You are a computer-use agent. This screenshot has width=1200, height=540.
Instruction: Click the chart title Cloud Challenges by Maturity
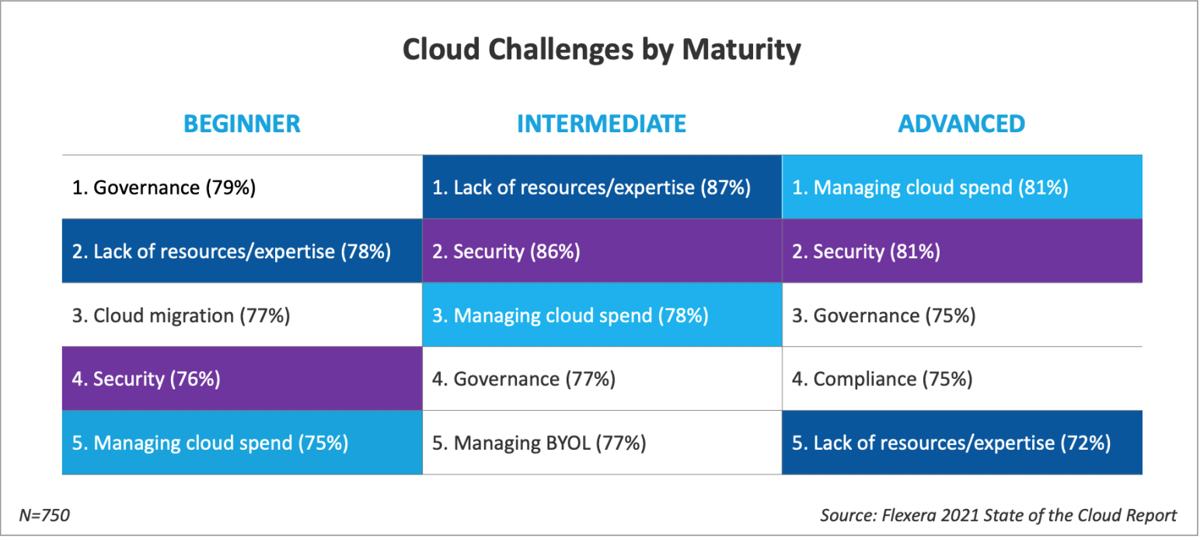tap(601, 51)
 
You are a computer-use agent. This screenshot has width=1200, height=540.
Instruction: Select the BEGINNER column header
tap(242, 124)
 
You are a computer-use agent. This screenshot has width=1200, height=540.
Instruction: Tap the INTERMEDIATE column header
tap(601, 124)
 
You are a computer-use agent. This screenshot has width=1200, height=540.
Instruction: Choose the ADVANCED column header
tap(961, 124)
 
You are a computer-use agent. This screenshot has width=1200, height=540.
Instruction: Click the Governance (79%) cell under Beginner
tap(242, 188)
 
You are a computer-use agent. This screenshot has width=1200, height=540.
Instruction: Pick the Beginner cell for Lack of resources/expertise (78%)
tap(242, 251)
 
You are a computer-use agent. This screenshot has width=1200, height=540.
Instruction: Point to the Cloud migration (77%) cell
tap(242, 315)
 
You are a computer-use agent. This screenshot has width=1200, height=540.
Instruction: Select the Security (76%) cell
tap(242, 379)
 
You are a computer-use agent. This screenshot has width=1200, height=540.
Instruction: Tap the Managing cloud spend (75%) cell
tap(242, 443)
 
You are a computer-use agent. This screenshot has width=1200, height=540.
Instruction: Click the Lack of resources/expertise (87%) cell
tap(602, 188)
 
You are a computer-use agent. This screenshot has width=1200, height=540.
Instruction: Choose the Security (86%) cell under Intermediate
tap(602, 251)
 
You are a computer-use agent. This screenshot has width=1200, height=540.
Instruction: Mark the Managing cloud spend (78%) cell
tap(602, 315)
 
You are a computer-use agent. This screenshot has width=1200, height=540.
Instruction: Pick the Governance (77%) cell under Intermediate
tap(602, 379)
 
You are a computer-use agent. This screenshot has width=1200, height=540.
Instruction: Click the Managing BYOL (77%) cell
tap(602, 443)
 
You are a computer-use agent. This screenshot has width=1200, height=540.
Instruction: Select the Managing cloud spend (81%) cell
tap(962, 188)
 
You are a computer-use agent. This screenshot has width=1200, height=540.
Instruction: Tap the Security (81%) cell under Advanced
tap(962, 251)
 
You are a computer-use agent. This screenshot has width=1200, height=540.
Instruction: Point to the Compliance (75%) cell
tap(962, 379)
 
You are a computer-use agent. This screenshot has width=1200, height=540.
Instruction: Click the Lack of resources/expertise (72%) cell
tap(962, 443)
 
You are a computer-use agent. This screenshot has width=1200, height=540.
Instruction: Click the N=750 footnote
tap(44, 515)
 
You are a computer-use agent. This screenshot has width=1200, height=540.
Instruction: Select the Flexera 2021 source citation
tap(999, 515)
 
